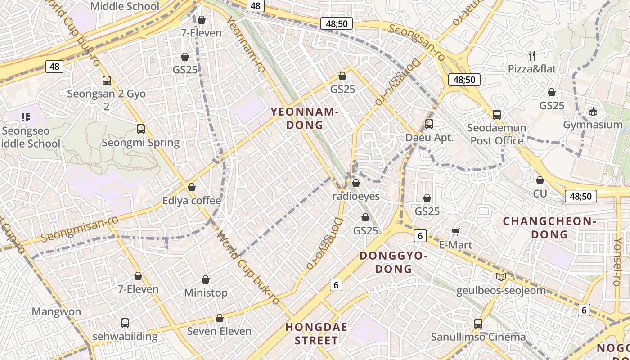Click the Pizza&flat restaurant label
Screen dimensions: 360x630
pyautogui.click(x=532, y=69)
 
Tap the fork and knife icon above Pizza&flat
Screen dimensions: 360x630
pyautogui.click(x=532, y=56)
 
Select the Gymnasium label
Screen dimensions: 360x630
pyautogui.click(x=593, y=125)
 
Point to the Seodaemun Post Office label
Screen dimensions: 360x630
pyautogui.click(x=496, y=134)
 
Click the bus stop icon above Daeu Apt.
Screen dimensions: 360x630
pyautogui.click(x=429, y=124)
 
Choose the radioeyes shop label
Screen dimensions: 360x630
pyautogui.click(x=356, y=196)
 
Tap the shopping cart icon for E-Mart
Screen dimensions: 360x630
pyautogui.click(x=455, y=232)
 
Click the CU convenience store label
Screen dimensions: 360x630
pyautogui.click(x=540, y=193)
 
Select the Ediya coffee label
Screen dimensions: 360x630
pyautogui.click(x=192, y=201)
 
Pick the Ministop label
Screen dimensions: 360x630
pyautogui.click(x=206, y=292)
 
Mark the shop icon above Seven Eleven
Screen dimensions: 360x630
pyautogui.click(x=219, y=318)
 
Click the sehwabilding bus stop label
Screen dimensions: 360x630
pyautogui.click(x=125, y=336)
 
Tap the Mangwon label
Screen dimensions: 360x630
pyautogui.click(x=56, y=311)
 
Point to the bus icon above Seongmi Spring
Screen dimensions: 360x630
pyautogui.click(x=141, y=129)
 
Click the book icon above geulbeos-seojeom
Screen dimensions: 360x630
pyautogui.click(x=501, y=277)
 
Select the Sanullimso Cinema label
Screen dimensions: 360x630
pyautogui.click(x=478, y=337)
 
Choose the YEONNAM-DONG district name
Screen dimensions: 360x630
pyautogui.click(x=305, y=118)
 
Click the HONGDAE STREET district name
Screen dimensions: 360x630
pyautogui.click(x=316, y=333)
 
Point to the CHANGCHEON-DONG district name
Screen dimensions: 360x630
pyautogui.click(x=549, y=228)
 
